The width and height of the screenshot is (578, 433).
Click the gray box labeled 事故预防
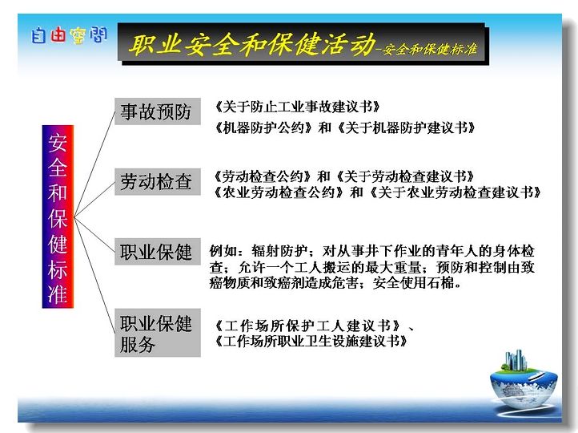coord(158,111)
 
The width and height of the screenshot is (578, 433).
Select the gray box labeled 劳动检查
coord(158,181)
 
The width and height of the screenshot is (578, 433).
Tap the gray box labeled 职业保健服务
coord(158,333)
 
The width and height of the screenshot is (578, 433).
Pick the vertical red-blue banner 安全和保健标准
coord(58,216)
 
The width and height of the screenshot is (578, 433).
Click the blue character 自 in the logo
coord(38,36)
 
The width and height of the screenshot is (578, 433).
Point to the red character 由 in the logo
coord(58,35)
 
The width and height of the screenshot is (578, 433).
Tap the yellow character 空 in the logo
coord(78,36)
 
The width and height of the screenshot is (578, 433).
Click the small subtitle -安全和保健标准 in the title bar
coord(427,49)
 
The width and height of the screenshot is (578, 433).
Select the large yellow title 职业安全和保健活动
coord(252,44)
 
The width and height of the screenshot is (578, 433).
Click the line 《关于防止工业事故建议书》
coord(298,107)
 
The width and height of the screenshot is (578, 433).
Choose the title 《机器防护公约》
coord(264,127)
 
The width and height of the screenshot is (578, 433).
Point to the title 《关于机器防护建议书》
coord(406,127)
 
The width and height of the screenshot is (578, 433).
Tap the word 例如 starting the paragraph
coord(223,251)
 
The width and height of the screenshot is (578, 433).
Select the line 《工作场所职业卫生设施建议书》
coord(311,341)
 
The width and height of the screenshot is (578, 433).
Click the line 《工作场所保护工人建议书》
coord(308,326)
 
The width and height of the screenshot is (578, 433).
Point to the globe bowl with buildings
coord(524,380)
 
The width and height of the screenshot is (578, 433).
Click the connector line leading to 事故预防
coord(94,164)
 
